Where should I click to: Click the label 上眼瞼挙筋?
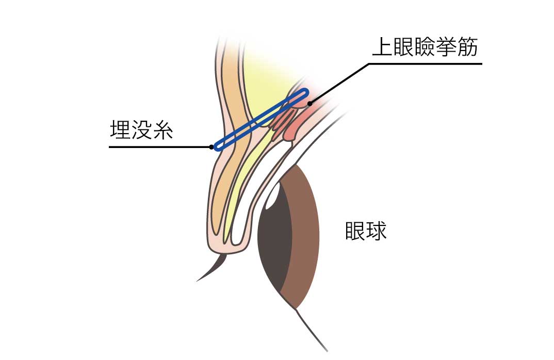(x=426, y=48)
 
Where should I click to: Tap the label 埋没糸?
(x=141, y=130)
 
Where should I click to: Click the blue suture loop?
(x=260, y=120)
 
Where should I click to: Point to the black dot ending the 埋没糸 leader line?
(x=212, y=147)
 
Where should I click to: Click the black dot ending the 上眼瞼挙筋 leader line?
(x=309, y=104)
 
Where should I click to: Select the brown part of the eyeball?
(x=304, y=237)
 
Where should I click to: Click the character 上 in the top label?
(x=382, y=48)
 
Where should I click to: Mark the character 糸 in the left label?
(x=162, y=130)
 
